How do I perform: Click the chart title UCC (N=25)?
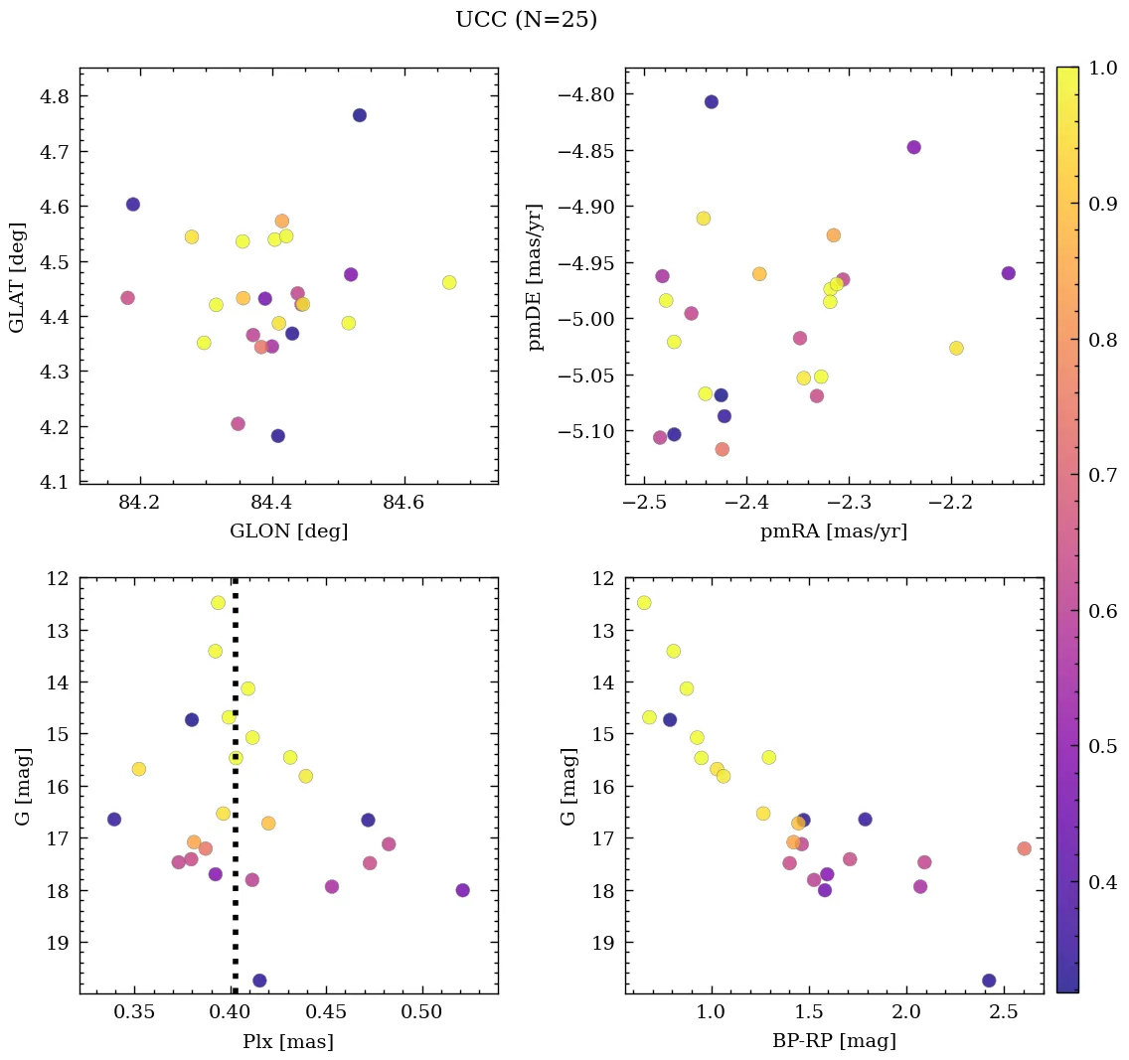(x=526, y=20)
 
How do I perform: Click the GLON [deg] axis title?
(x=288, y=531)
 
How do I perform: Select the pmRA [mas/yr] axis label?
(x=834, y=531)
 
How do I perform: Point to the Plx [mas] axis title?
(x=288, y=1041)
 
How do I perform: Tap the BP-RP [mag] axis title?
(x=834, y=1041)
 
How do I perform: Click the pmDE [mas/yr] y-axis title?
(x=536, y=277)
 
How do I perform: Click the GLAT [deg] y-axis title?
(x=17, y=277)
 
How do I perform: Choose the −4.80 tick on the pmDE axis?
(x=588, y=95)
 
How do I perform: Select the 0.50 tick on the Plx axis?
(x=422, y=1014)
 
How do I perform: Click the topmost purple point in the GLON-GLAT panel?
(x=360, y=115)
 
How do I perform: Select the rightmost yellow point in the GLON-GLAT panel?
(x=449, y=282)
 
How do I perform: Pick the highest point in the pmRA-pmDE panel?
(x=712, y=102)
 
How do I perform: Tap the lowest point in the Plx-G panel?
(x=259, y=981)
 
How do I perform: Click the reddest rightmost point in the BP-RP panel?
(x=1024, y=848)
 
